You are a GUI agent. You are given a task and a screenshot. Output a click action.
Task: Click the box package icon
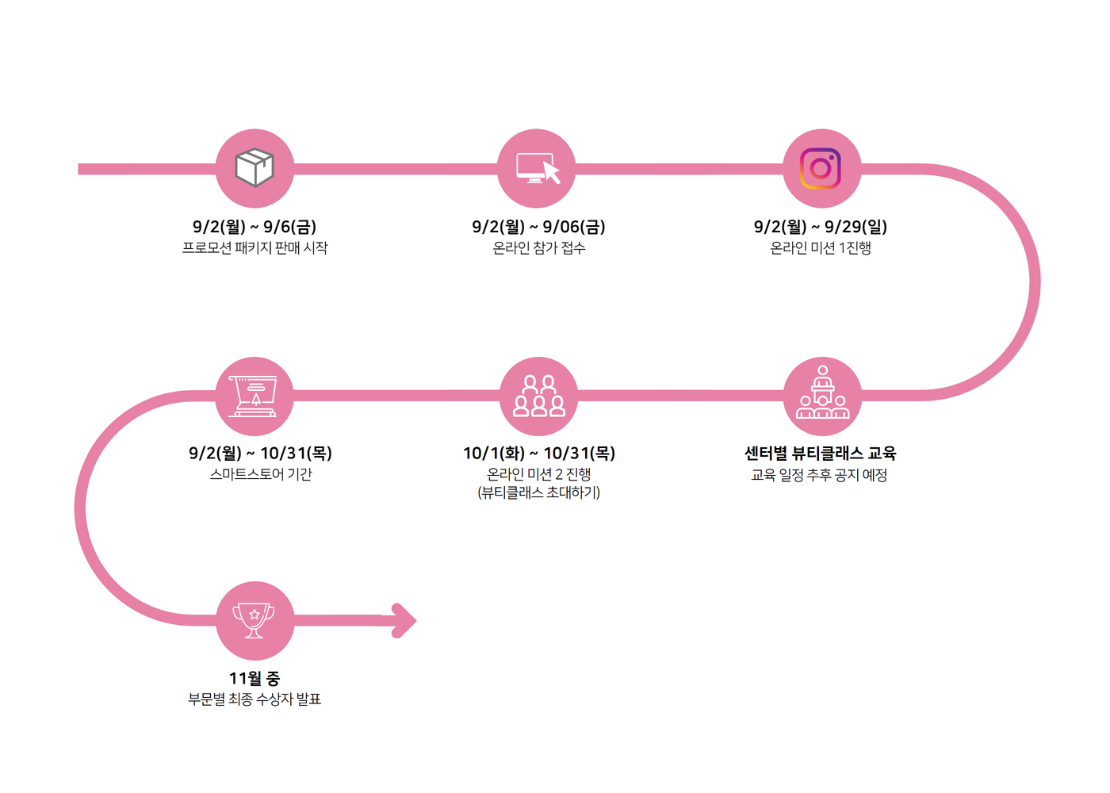255,167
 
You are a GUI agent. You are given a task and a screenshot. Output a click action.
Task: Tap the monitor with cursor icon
538,168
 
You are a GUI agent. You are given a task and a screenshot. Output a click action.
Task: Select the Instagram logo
820,168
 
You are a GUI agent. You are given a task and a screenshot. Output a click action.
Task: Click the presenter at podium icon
823,392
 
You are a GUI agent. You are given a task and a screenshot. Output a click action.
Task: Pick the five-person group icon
538,396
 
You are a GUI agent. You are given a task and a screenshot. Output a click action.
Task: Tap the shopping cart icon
253,396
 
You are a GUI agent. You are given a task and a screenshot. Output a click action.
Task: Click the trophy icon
254,620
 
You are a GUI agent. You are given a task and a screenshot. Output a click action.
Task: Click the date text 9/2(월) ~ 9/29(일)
821,227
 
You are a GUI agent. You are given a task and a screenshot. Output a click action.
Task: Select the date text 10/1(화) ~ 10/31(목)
539,453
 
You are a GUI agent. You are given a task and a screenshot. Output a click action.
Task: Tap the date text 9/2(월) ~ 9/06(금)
538,227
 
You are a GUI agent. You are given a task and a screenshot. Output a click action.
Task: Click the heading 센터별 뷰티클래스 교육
820,453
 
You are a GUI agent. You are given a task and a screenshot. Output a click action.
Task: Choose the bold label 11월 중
255,678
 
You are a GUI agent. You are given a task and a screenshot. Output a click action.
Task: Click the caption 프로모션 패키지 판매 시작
255,247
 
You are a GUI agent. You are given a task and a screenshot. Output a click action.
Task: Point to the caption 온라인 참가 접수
538,247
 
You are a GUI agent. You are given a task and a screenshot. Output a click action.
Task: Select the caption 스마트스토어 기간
261,474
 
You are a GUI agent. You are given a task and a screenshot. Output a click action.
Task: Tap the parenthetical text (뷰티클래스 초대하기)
538,492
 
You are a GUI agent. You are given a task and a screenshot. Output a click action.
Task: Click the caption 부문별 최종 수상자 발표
255,699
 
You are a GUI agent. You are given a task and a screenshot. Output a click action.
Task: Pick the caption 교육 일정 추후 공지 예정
819,475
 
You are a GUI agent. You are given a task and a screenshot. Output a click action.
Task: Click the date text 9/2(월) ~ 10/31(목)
260,453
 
